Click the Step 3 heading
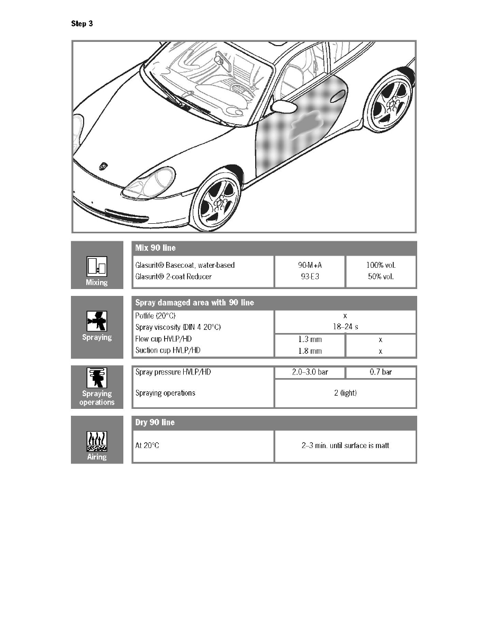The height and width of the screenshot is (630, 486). [82, 23]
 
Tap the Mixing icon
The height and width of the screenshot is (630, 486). [97, 267]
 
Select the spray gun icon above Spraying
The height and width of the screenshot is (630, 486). [97, 321]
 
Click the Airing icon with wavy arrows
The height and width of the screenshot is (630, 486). [97, 441]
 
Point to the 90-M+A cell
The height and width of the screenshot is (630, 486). [309, 265]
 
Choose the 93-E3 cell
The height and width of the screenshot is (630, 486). [309, 277]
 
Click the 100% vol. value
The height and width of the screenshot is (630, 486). [381, 265]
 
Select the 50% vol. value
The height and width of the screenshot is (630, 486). [381, 277]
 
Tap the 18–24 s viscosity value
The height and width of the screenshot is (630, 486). [345, 327]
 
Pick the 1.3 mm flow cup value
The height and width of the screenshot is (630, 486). [309, 339]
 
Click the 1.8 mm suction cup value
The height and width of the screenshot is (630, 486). [309, 351]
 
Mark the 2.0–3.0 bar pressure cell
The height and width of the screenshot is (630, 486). [310, 372]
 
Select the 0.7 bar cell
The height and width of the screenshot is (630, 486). [381, 372]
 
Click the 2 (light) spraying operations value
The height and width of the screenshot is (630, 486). [345, 393]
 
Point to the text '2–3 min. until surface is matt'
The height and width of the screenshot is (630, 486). [345, 445]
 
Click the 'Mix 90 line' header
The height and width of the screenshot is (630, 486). [156, 248]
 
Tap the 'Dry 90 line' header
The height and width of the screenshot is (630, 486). [155, 423]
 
